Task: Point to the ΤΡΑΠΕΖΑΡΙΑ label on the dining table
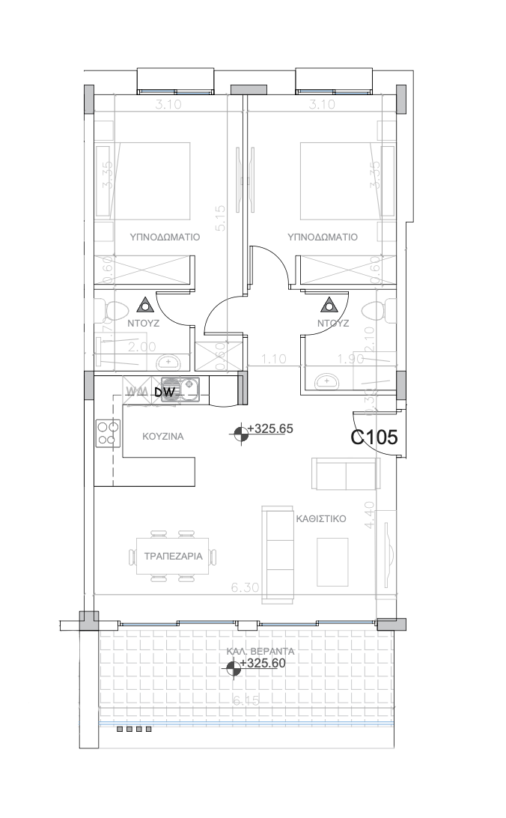170,556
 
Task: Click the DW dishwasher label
164,391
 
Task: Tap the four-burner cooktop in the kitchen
107,434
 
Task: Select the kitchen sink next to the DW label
188,388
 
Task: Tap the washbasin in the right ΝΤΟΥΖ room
326,381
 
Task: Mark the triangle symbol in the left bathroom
145,305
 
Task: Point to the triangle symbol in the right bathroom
328,305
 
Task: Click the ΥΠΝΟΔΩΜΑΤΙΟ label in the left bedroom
164,237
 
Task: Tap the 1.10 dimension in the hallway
274,360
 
